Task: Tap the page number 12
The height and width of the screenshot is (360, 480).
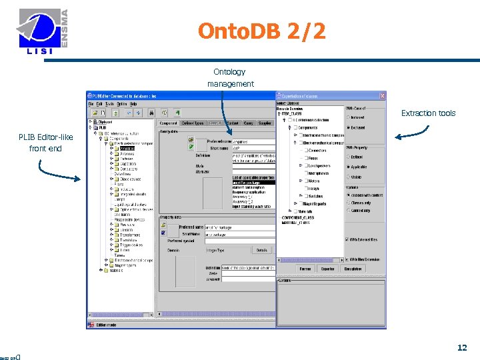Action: point(461,347)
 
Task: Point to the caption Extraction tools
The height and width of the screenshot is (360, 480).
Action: point(428,113)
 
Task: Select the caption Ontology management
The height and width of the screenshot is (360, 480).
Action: point(230,77)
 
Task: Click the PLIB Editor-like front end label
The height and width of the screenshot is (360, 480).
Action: point(45,143)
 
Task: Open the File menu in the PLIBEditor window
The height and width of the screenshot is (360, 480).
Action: point(91,104)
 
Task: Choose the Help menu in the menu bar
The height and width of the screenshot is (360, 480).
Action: point(133,104)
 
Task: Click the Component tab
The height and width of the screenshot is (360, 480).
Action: point(168,123)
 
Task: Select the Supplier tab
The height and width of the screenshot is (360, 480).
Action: point(265,123)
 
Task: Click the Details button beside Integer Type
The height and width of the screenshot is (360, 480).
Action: point(262,250)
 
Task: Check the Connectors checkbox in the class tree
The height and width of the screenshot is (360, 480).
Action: point(304,151)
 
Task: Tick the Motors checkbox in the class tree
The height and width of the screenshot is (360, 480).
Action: point(304,181)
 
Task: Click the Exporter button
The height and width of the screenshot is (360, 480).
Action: point(327,269)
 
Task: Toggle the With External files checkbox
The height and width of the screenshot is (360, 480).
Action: point(348,239)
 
